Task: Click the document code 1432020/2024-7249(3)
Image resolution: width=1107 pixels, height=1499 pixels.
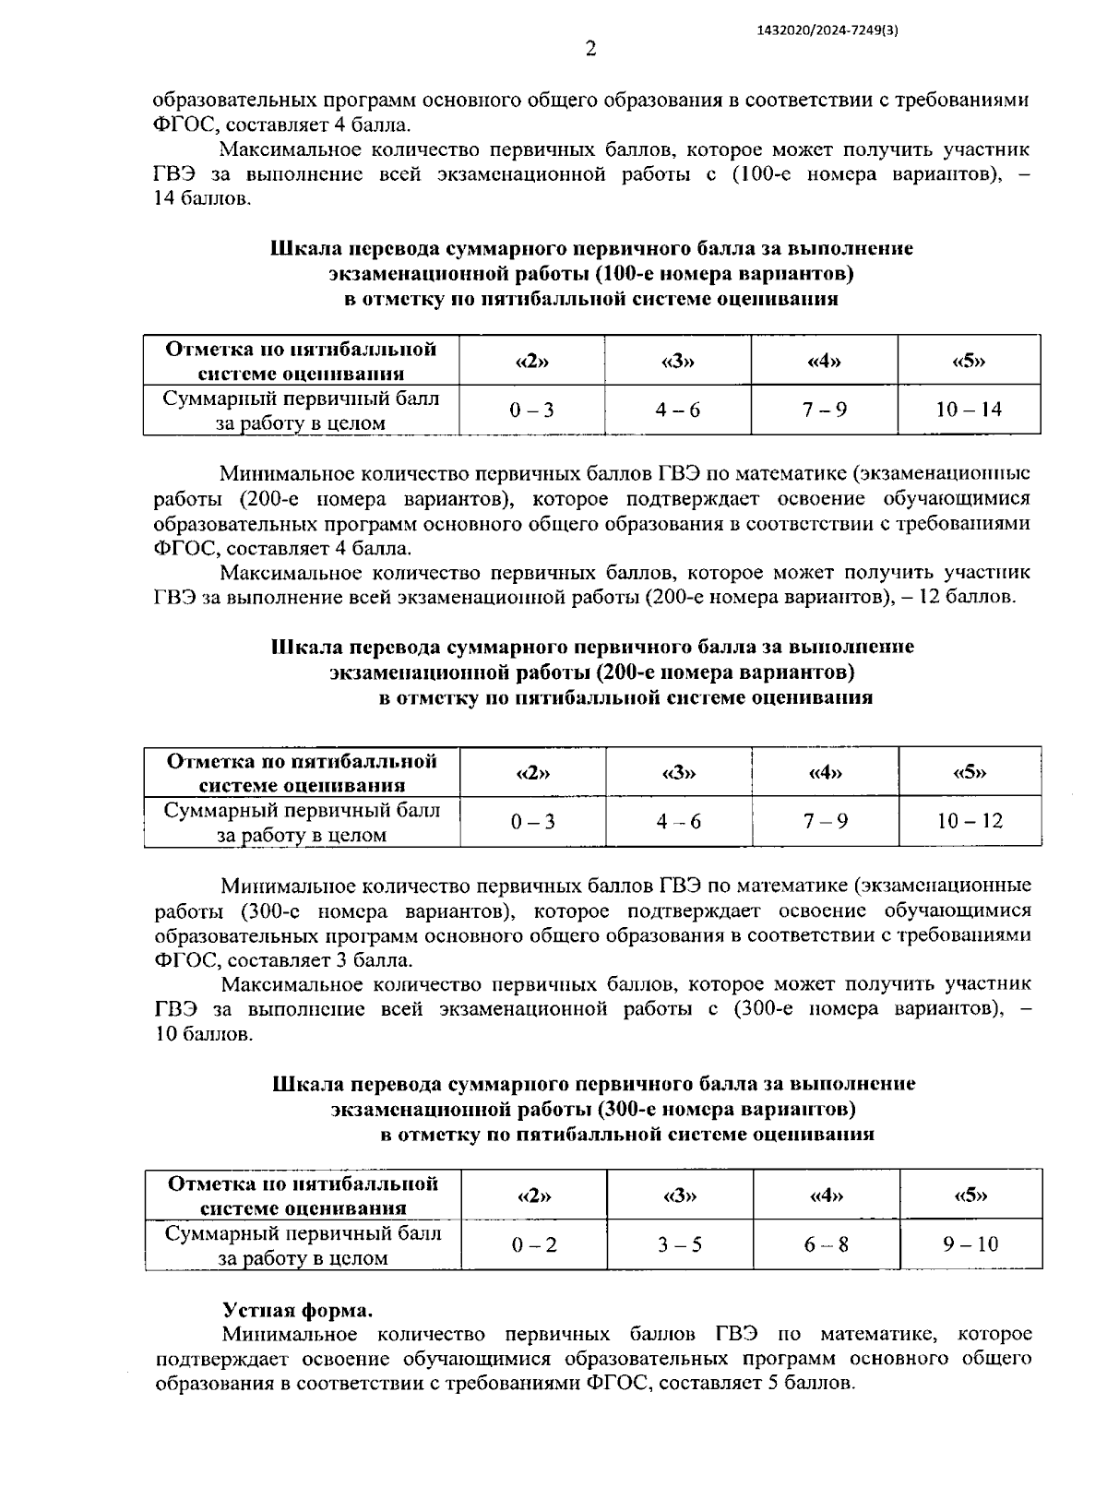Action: point(827,30)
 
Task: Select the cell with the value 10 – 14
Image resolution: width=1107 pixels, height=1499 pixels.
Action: point(969,410)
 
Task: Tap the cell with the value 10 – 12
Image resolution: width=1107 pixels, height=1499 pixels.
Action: point(970,821)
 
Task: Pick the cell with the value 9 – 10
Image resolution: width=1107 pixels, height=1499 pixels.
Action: point(970,1244)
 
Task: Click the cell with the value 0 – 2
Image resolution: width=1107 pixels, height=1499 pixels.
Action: point(534,1244)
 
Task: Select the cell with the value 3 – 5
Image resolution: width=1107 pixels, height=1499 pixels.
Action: point(680,1244)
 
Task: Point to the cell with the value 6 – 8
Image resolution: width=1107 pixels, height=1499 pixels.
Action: point(826,1244)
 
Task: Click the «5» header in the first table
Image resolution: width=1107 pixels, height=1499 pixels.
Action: point(969,361)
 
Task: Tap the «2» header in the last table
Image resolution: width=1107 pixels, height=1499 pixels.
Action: point(534,1196)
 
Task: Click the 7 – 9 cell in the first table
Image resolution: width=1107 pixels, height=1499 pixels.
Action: point(824,410)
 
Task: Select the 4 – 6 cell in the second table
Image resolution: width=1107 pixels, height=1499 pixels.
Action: point(679,821)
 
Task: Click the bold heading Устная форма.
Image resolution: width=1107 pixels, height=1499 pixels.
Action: point(298,1311)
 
